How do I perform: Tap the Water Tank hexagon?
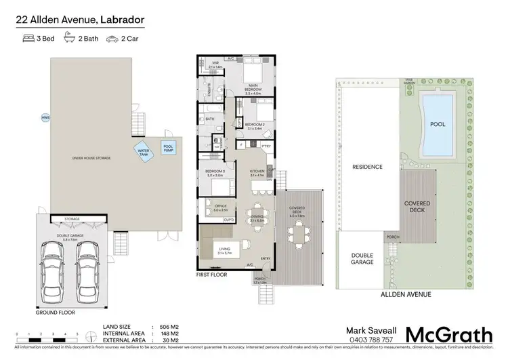coord(144,153)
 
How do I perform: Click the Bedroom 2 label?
coord(255,125)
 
